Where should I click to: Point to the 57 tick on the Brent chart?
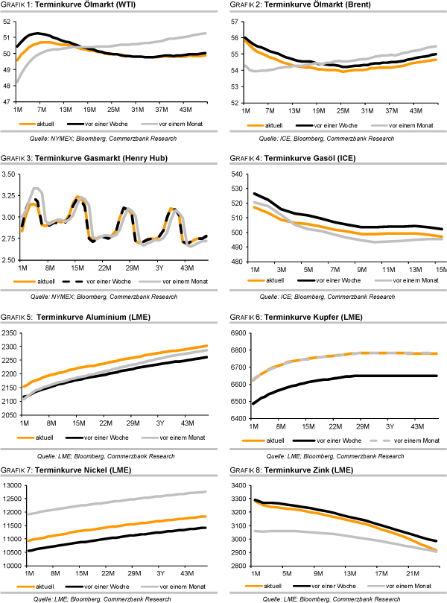234,22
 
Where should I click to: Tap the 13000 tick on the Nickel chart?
13,486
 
